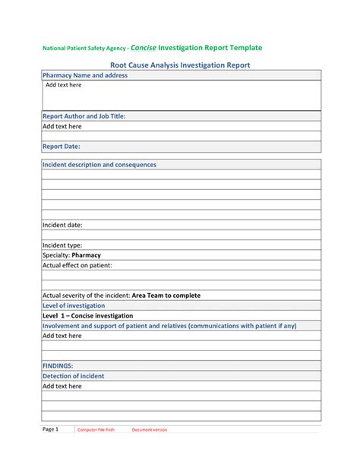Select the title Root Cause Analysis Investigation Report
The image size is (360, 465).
[x=180, y=66]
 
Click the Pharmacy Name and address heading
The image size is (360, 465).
[x=84, y=76]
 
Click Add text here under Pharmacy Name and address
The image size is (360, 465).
[x=63, y=85]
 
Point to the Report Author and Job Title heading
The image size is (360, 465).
[x=84, y=116]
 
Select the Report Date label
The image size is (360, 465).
[x=61, y=147]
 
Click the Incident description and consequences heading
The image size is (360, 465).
[x=99, y=164]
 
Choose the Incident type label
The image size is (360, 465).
[x=62, y=245]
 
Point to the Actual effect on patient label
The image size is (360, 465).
[x=77, y=265]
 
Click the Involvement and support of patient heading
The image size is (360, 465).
[x=169, y=325]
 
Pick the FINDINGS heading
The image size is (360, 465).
[x=58, y=365]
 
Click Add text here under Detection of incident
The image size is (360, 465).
[x=62, y=385]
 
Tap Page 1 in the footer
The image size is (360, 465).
[x=51, y=429]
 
